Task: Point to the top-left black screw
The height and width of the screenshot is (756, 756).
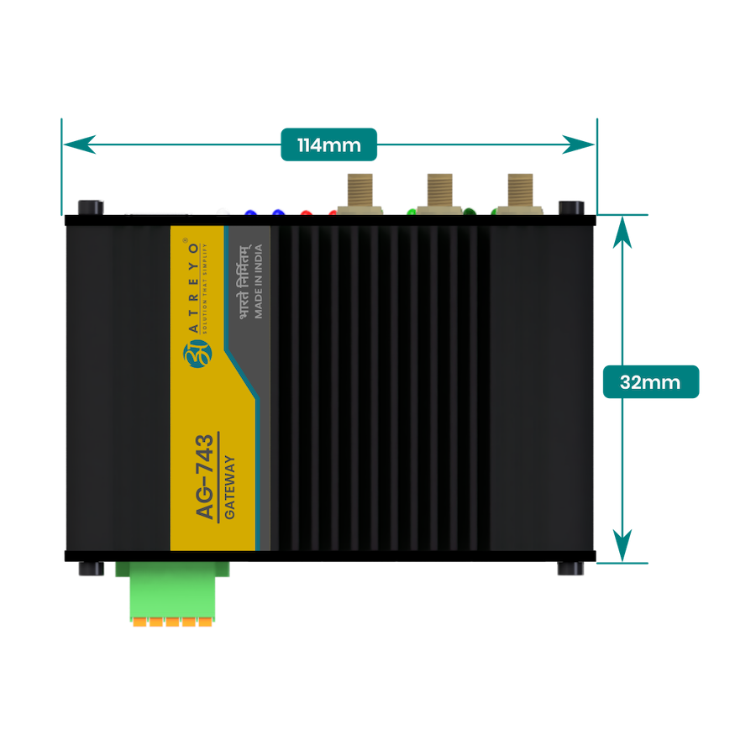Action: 90,207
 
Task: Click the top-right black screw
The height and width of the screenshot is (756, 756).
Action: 570,207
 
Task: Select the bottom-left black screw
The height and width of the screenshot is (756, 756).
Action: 90,569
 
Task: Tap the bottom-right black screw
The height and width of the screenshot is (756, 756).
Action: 570,569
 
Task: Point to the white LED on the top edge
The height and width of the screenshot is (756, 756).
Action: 222,211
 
